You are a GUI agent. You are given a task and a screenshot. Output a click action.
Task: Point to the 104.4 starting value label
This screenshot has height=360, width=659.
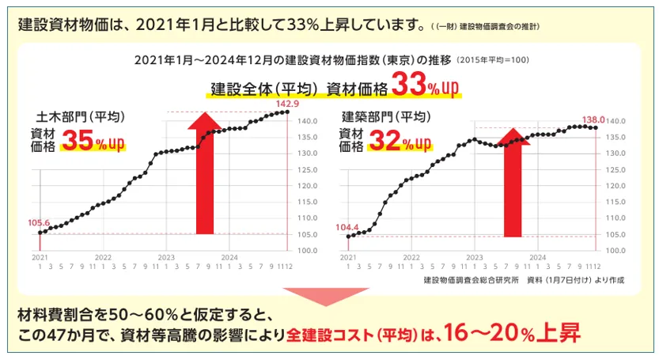point(347,227)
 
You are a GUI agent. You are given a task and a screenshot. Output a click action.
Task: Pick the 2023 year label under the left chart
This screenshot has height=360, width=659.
point(166,258)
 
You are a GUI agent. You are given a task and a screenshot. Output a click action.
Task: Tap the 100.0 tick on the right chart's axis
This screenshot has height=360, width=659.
point(616,250)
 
